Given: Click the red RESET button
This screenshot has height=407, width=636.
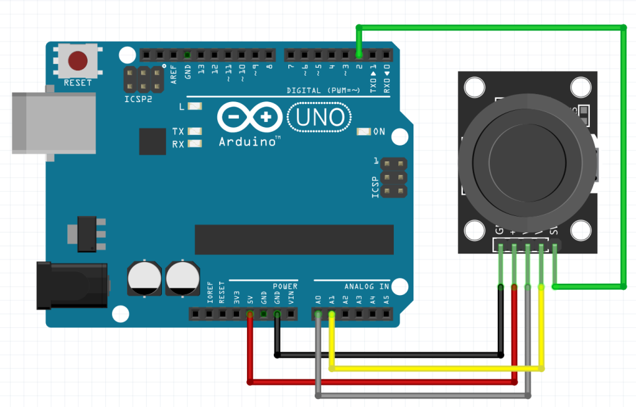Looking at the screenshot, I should click(78, 61).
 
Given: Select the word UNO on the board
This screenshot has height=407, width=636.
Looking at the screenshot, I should click(320, 118).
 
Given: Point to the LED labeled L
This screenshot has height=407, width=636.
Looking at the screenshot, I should click(194, 106).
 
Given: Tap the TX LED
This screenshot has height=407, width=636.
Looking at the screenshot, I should click(194, 132).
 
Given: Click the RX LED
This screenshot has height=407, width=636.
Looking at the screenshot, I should click(194, 144).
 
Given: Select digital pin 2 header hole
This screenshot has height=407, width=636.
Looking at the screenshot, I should click(359, 55).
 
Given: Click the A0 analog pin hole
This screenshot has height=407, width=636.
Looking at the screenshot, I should click(319, 315).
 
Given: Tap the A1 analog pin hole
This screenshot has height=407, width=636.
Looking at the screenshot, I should click(332, 315).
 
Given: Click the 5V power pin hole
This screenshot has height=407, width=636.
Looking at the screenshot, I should click(250, 315).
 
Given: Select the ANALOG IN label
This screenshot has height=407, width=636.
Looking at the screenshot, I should click(366, 286).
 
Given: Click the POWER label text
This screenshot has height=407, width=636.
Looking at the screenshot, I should click(285, 286).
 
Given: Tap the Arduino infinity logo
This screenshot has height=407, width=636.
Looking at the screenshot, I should click(249, 118).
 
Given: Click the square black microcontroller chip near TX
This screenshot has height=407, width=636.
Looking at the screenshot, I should click(152, 141).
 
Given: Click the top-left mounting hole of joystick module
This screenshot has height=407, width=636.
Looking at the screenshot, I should click(473, 87).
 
